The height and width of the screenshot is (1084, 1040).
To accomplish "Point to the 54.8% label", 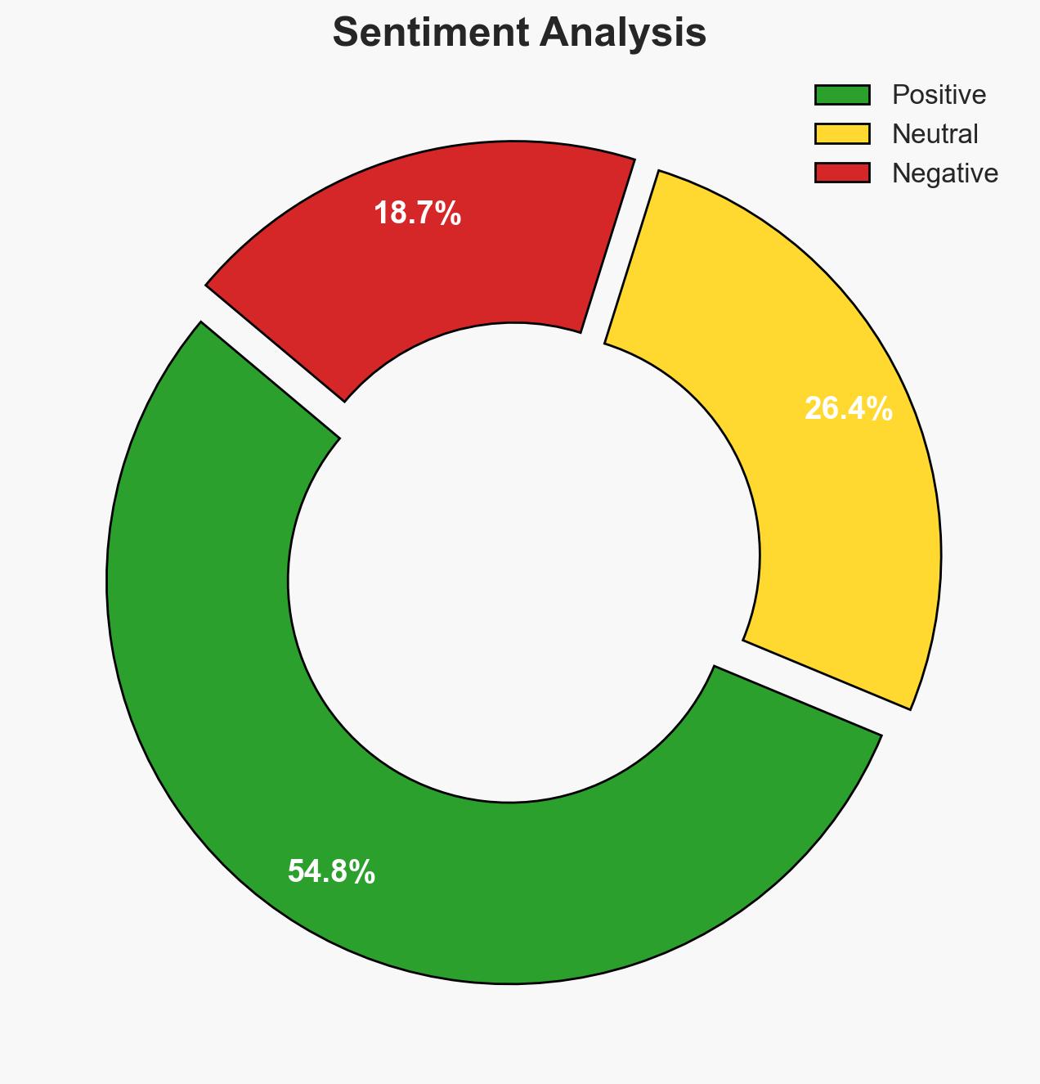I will coord(331,872).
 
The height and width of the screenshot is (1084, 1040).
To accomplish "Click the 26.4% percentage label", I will coord(848,409).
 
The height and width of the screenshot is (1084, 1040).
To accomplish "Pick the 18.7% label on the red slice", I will coord(417,214).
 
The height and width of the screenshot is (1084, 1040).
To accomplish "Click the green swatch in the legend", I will coord(842,95).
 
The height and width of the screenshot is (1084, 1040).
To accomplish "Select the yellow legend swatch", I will coord(842,133).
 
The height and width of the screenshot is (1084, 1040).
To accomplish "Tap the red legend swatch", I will coord(842,173).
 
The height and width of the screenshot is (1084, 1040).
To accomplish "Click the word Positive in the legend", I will coord(939,95).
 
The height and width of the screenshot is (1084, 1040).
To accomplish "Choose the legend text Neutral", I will coord(935,133).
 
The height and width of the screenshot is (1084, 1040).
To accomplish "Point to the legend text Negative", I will coord(944,173).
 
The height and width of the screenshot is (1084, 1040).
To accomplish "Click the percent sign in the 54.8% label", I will coord(365,872).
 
